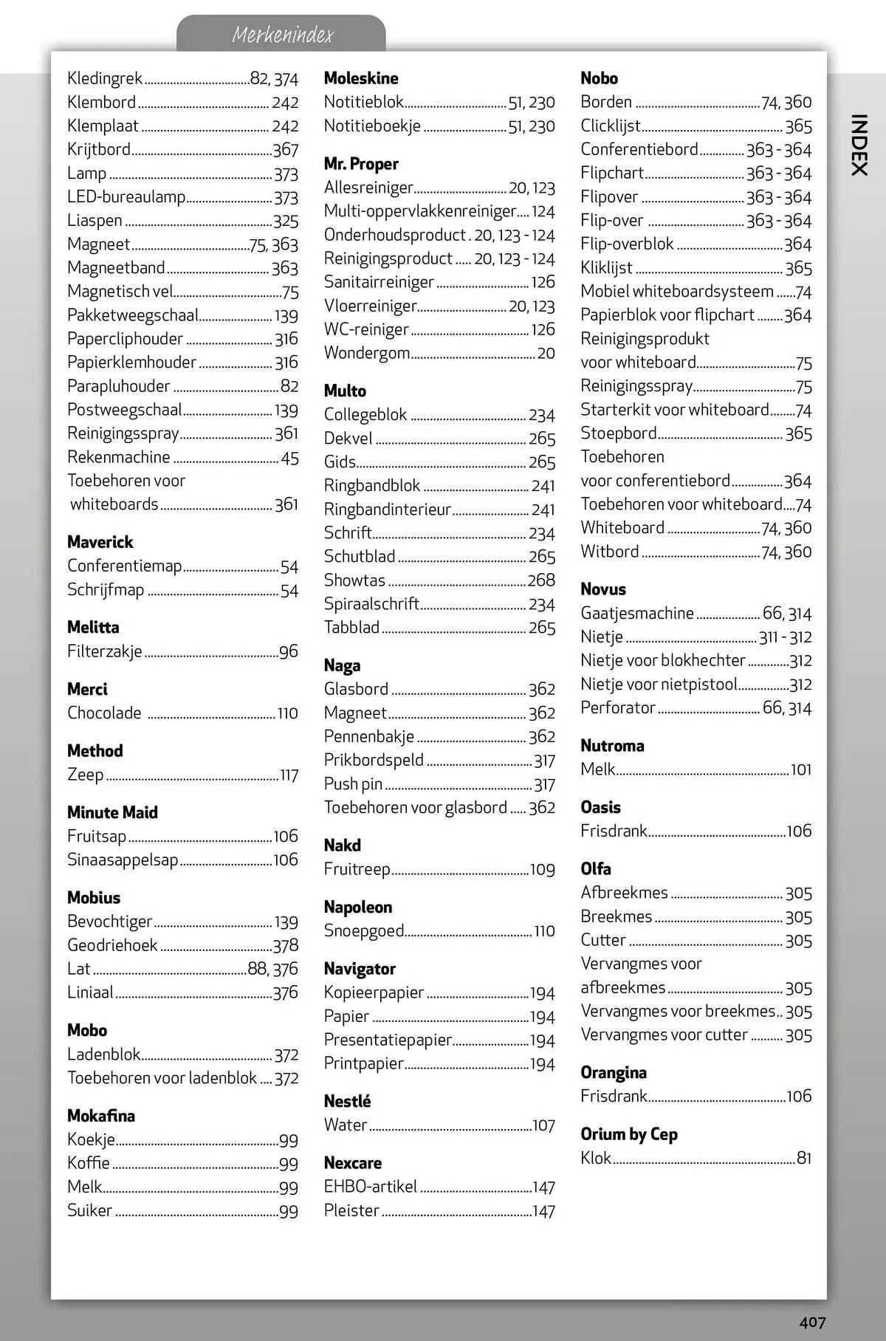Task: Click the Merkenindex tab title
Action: pos(283,35)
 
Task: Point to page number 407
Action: pos(811,1322)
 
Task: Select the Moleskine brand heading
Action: pos(361,78)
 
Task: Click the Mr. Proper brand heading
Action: pos(361,164)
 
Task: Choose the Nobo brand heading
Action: pos(599,78)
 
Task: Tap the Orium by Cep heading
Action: pos(628,1134)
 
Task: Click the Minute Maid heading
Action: pos(112,812)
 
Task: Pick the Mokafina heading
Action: pos(101,1115)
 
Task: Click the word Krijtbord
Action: pos(99,149)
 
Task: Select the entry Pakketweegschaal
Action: pos(133,315)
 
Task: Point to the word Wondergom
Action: pos(367,353)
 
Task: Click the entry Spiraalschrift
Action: pos(371,604)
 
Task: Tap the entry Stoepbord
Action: pos(618,433)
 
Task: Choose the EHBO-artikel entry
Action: pos(371,1187)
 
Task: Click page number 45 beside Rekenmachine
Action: pos(289,458)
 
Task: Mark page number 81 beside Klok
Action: pos(803,1158)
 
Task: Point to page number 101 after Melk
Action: pos(800,769)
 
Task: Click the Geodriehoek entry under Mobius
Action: pos(112,945)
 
